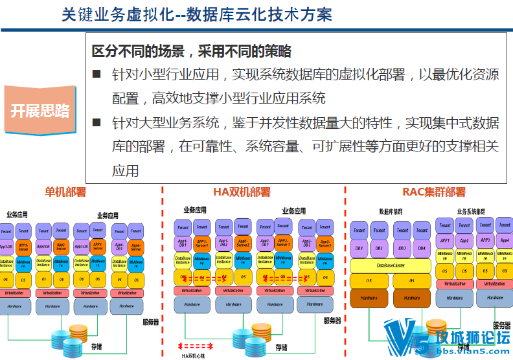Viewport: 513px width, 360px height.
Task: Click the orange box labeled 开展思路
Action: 40,111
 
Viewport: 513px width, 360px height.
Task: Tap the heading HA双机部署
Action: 242,192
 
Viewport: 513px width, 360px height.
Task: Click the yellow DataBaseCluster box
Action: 390,265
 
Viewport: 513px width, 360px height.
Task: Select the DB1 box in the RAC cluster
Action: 359,248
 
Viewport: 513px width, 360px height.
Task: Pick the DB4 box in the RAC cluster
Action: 421,248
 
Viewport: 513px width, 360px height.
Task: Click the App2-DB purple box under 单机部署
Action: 44,247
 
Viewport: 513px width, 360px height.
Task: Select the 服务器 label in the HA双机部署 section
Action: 332,321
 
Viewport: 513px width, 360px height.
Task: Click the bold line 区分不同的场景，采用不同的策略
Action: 192,52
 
